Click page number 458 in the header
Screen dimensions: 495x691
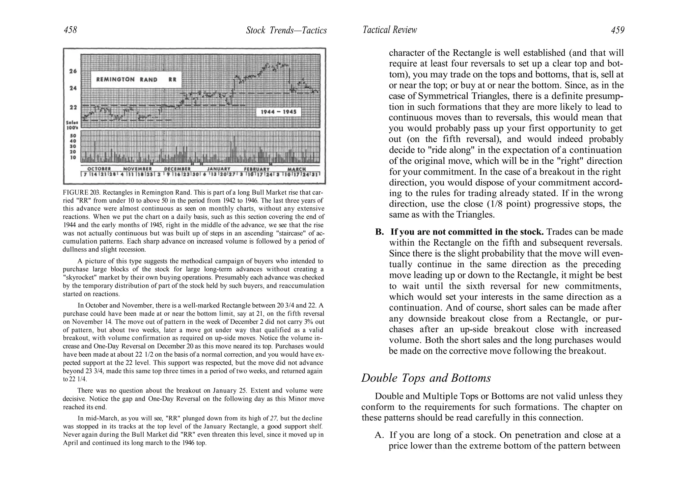pos(70,30)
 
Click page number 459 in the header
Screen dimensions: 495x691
pos(617,30)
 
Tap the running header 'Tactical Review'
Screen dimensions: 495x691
pos(390,30)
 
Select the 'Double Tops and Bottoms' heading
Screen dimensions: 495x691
pos(426,378)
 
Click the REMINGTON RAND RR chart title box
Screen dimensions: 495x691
pos(136,80)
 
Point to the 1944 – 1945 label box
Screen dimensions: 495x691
pos(278,112)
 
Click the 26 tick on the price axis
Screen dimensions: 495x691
pos(73,71)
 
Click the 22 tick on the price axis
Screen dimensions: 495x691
pos(73,107)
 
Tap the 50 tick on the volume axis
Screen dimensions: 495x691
pos(73,136)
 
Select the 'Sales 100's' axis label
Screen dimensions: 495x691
pos(73,125)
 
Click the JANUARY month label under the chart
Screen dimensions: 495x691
pos(218,169)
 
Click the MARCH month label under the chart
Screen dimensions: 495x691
pos(297,169)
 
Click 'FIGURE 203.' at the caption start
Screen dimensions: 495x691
pos(81,193)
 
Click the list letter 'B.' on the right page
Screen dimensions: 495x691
pos(380,232)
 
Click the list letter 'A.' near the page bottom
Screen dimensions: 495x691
pos(380,435)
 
